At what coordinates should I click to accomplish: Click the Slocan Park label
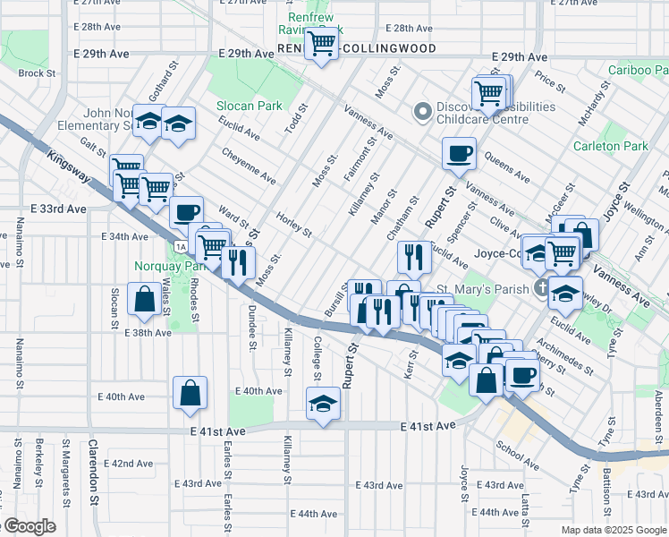pos(249,106)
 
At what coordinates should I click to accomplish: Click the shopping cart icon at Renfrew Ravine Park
pos(322,43)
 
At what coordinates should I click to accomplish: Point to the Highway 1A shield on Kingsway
pos(182,246)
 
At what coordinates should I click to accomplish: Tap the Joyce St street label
pos(613,202)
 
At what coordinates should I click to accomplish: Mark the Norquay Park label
pos(163,266)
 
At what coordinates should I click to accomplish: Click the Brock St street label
pos(37,73)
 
